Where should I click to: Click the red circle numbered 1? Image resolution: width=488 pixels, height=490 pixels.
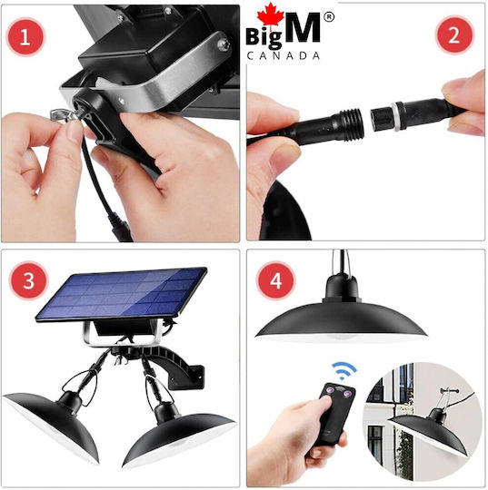tap(25, 37)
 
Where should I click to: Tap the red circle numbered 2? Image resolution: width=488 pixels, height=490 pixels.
tap(454, 35)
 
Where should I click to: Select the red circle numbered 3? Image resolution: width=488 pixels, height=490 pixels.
tap(28, 280)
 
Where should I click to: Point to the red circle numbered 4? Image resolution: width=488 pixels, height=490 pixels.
tap(275, 280)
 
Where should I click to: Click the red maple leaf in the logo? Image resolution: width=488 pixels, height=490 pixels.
tap(271, 15)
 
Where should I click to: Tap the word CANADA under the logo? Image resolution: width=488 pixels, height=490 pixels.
tap(284, 56)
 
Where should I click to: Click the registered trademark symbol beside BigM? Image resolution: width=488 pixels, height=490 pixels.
tap(328, 17)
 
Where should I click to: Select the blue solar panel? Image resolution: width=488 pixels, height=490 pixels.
tap(122, 294)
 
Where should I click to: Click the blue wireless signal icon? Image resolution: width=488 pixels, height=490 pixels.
tap(344, 370)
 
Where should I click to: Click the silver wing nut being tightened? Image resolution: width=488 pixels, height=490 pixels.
tap(65, 115)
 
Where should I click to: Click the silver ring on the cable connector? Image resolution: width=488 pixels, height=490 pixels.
tap(398, 116)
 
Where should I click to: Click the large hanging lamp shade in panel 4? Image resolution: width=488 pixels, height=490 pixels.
tap(341, 312)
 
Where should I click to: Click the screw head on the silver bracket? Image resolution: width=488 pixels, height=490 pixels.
tap(224, 44)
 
